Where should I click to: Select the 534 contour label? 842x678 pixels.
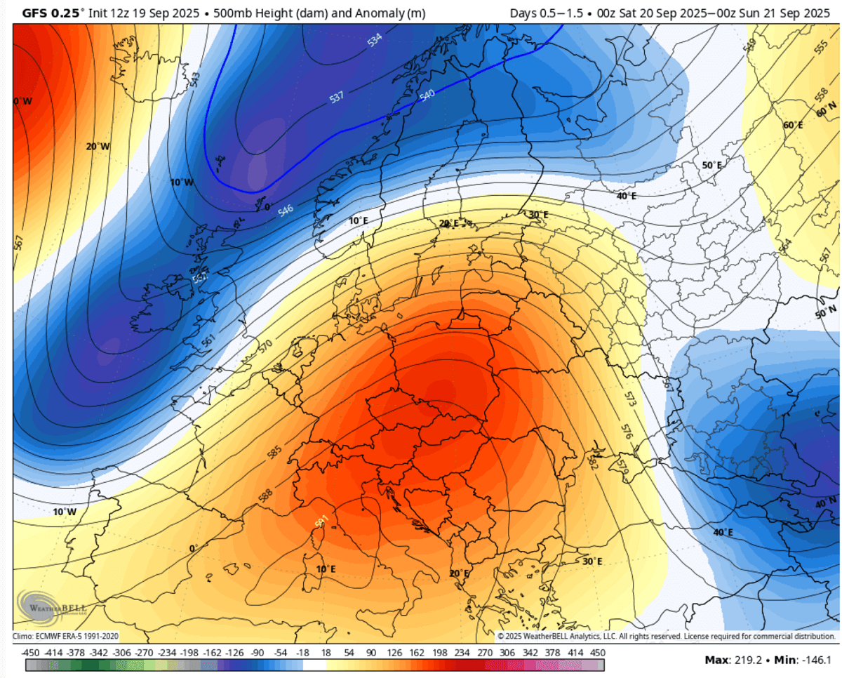pyautogui.click(x=375, y=41)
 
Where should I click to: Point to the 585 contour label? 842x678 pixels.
pyautogui.click(x=274, y=453)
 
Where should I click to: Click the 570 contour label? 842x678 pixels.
pyautogui.click(x=265, y=346)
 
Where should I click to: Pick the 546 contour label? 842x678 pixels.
pyautogui.click(x=285, y=209)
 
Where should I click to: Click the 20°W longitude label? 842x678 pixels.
pyautogui.click(x=98, y=147)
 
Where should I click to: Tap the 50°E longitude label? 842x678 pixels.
pyautogui.click(x=711, y=165)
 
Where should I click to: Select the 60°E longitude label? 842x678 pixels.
pyautogui.click(x=793, y=126)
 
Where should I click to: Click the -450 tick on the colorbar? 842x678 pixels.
pyautogui.click(x=30, y=652)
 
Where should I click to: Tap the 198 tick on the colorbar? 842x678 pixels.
pyautogui.click(x=441, y=652)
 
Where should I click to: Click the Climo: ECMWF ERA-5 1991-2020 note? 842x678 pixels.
pyautogui.click(x=66, y=636)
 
